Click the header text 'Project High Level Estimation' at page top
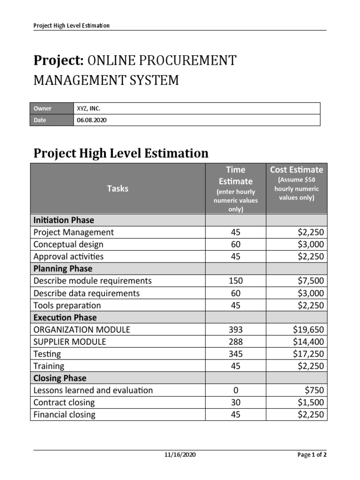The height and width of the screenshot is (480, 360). point(71,25)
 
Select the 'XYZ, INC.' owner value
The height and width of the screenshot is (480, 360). point(89,108)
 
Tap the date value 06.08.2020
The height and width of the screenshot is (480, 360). point(92,120)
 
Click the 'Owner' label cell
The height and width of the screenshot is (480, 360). point(43,108)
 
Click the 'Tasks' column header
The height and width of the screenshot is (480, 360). point(118,188)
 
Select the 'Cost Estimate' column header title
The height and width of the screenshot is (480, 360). point(296,170)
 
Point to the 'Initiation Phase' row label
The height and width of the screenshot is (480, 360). point(64,220)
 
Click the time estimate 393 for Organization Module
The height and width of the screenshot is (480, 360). point(236,330)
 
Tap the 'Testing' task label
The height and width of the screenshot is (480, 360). point(47,354)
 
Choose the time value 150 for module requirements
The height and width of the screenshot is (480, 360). point(236,281)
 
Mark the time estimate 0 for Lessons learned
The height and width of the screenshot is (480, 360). point(236,390)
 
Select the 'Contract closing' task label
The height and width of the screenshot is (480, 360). point(64,403)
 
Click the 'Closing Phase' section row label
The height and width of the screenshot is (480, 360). point(60,378)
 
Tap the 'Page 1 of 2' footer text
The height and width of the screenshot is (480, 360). point(312,455)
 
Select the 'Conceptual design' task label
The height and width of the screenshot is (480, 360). point(68,244)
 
